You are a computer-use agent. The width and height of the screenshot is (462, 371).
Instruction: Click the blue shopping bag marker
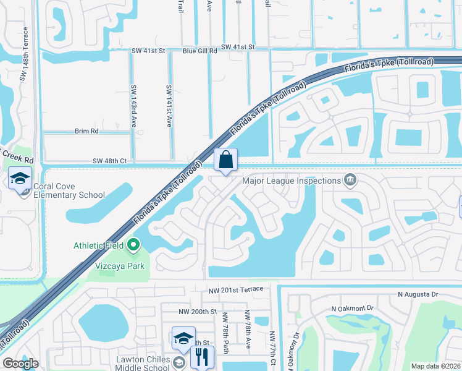226,160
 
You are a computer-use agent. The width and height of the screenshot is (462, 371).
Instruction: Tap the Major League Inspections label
292,181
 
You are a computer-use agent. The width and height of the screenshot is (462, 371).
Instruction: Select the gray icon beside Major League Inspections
350,181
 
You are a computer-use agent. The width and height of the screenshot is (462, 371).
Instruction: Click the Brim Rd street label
86,131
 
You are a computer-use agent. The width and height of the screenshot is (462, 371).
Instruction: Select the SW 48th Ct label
109,161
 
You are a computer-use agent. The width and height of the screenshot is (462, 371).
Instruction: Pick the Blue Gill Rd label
199,51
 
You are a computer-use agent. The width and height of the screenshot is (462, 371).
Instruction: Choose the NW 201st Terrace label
237,289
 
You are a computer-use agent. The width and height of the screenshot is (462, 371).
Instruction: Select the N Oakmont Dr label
353,308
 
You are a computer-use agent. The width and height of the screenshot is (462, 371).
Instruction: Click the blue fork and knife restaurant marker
202,357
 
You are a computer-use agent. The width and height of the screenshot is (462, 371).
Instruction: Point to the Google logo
21,364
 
